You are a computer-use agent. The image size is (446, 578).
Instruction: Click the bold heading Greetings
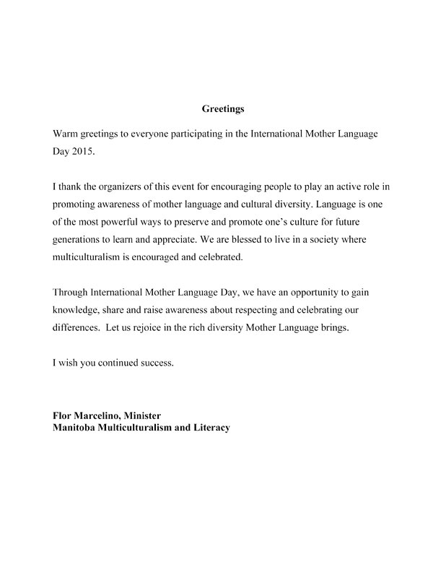(222, 110)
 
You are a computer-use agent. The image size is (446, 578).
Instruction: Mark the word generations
(80, 243)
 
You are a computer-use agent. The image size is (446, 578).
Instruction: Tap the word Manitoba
(77, 428)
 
